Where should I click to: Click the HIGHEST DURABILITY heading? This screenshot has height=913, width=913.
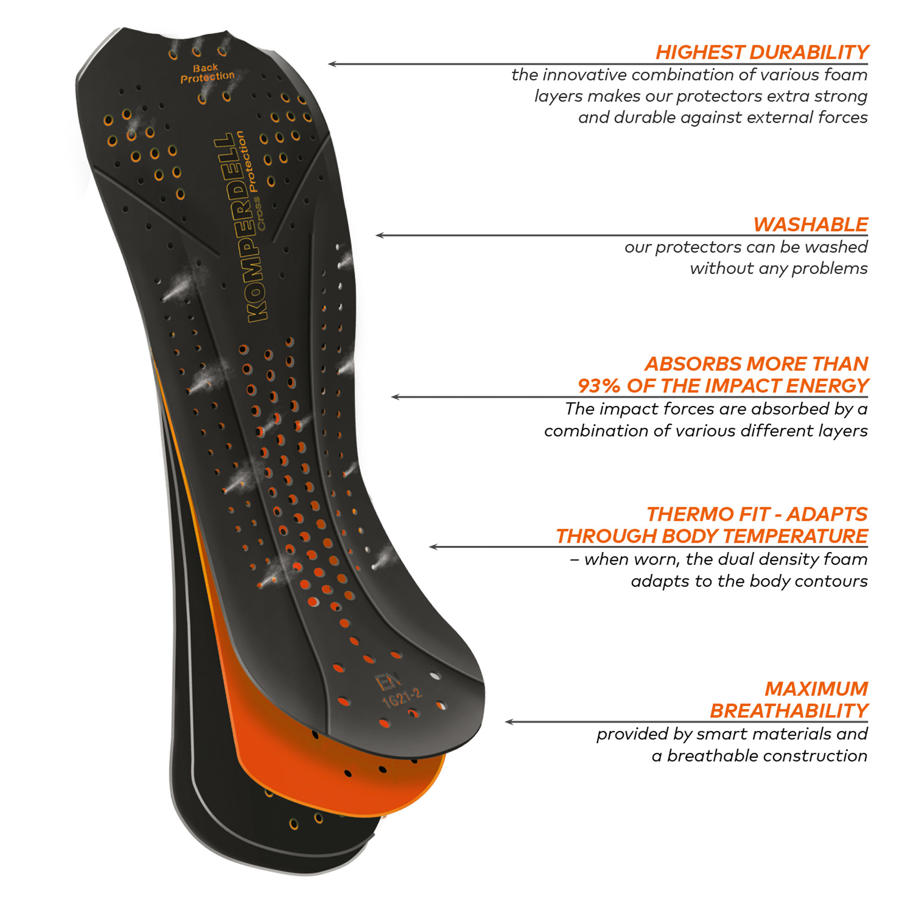coord(762,52)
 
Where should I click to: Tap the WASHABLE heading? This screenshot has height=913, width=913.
coord(810,225)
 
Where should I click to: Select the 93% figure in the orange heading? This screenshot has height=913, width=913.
coord(599,386)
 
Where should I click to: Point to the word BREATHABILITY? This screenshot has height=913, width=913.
coord(789,711)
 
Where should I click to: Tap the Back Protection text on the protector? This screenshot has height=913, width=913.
coord(207,73)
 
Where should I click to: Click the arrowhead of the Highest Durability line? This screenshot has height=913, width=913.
coord(332,64)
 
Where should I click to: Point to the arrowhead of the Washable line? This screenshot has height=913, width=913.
coord(379,236)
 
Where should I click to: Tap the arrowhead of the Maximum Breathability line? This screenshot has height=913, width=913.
coord(509,722)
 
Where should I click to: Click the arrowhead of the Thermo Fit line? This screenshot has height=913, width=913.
coord(433,547)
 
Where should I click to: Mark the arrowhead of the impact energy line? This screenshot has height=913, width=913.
coord(395,397)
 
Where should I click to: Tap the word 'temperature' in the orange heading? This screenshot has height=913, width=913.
coord(795,536)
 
